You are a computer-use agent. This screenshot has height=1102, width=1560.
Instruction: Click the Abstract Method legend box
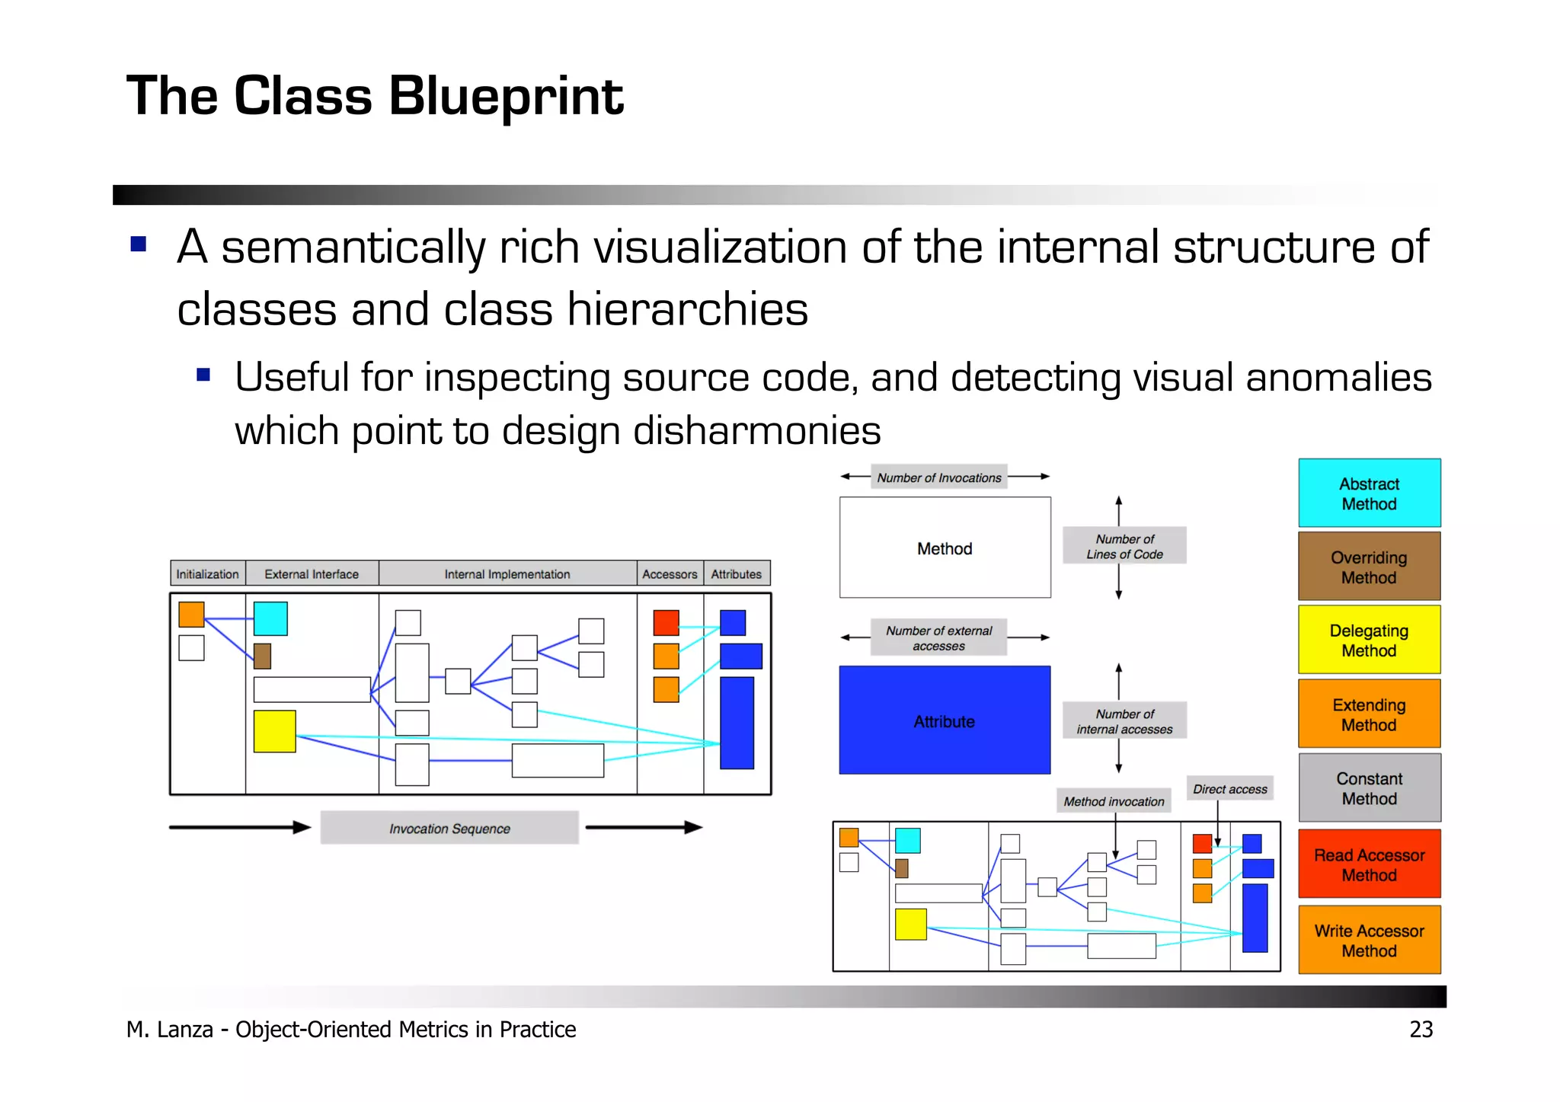coord(1369,493)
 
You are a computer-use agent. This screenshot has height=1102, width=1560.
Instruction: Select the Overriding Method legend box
coord(1369,567)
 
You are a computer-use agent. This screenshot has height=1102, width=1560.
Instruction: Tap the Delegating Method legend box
coord(1369,640)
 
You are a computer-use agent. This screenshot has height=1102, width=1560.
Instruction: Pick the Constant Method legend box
coord(1369,788)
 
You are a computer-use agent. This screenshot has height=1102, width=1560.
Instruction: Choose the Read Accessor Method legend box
coord(1369,864)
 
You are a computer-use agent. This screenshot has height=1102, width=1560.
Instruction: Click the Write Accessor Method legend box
coord(1369,940)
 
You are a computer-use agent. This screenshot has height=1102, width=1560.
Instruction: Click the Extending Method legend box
coord(1369,714)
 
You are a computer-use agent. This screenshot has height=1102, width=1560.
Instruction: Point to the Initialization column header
coord(207,574)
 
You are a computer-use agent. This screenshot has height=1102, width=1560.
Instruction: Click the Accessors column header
coord(669,574)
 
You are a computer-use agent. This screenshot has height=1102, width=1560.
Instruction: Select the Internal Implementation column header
coord(507,574)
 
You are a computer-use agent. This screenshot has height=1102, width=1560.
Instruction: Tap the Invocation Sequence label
coord(449,828)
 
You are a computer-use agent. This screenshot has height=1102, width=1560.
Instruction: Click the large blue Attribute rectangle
coord(945,720)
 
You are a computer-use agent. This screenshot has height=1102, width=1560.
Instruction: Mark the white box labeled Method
coord(945,548)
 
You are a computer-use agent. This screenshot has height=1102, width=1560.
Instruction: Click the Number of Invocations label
coord(938,478)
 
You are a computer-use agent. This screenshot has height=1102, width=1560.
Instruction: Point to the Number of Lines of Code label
coord(1124,546)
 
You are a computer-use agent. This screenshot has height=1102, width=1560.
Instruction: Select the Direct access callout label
coord(1229,789)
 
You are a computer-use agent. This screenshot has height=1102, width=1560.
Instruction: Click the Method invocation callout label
coord(1114,801)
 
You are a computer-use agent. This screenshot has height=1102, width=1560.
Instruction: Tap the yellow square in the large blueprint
coord(274,731)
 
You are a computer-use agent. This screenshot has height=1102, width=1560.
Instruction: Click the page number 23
coord(1421,1029)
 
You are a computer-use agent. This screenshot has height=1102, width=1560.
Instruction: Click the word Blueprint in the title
coord(506,97)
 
